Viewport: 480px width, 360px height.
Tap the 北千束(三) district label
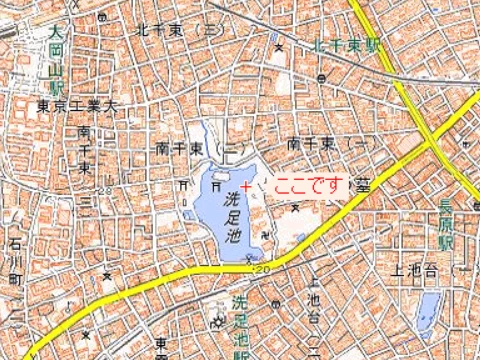pyautogui.click(x=180, y=30)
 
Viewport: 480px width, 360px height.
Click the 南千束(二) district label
pyautogui.click(x=195, y=147)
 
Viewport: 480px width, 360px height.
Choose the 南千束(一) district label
pyautogui.click(x=324, y=146)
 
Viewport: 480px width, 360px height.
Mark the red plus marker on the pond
pyautogui.click(x=245, y=185)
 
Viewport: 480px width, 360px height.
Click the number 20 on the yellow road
pyautogui.click(x=263, y=270)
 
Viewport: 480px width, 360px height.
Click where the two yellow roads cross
pyautogui.click(x=437, y=139)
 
